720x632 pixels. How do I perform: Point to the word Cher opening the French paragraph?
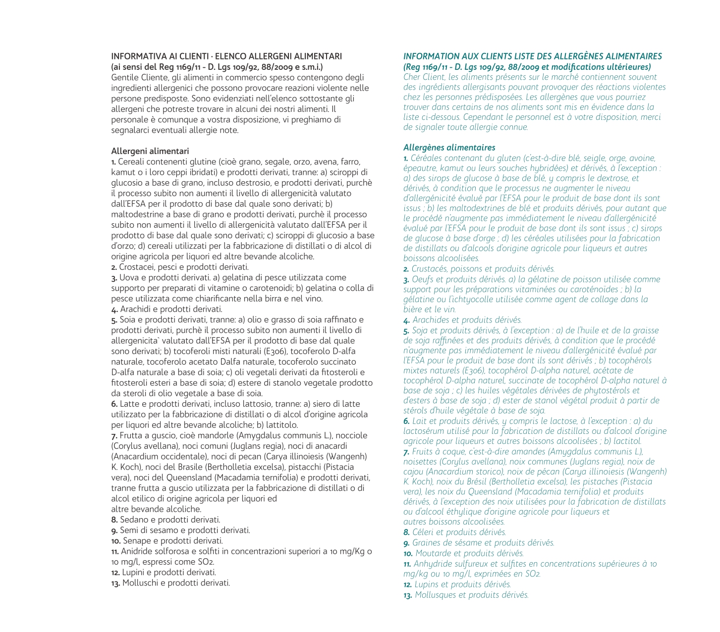[x=412, y=77]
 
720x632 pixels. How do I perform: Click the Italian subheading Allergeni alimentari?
[x=150, y=151]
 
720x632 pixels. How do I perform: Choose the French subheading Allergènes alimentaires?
[x=449, y=148]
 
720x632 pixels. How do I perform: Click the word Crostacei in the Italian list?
[x=135, y=267]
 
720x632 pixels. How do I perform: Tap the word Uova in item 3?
[x=128, y=277]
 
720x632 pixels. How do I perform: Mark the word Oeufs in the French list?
[x=423, y=279]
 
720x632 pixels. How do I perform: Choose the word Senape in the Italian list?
[x=135, y=540]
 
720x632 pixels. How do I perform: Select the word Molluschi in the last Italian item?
[x=140, y=582]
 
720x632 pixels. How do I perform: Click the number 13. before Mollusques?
[x=408, y=595]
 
